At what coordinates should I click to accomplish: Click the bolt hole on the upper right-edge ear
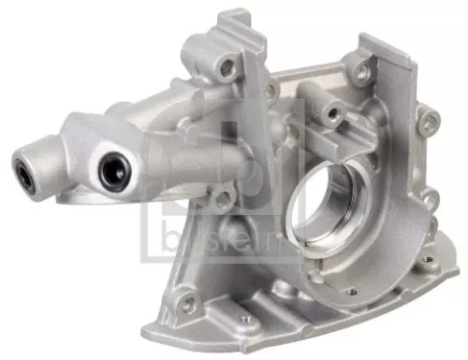(x=430, y=120)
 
